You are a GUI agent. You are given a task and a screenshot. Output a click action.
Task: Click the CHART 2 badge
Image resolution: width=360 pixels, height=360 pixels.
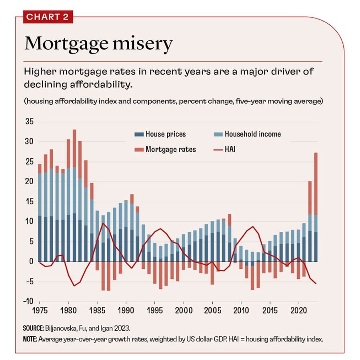[x=48, y=17]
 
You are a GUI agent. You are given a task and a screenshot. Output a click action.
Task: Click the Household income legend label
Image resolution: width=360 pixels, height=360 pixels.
[x=252, y=134]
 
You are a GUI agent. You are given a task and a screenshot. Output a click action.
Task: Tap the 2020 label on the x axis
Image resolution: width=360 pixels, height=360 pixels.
[x=298, y=310]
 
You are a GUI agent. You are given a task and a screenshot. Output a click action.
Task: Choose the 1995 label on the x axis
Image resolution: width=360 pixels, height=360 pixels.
[x=154, y=310]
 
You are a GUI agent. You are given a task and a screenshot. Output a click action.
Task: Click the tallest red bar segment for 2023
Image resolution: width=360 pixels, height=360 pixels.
[x=316, y=184]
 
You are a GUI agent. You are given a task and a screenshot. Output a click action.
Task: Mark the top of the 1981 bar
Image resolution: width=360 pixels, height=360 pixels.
[x=74, y=130]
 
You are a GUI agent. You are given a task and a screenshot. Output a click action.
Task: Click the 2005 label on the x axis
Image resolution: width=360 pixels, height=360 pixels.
[x=212, y=310]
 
